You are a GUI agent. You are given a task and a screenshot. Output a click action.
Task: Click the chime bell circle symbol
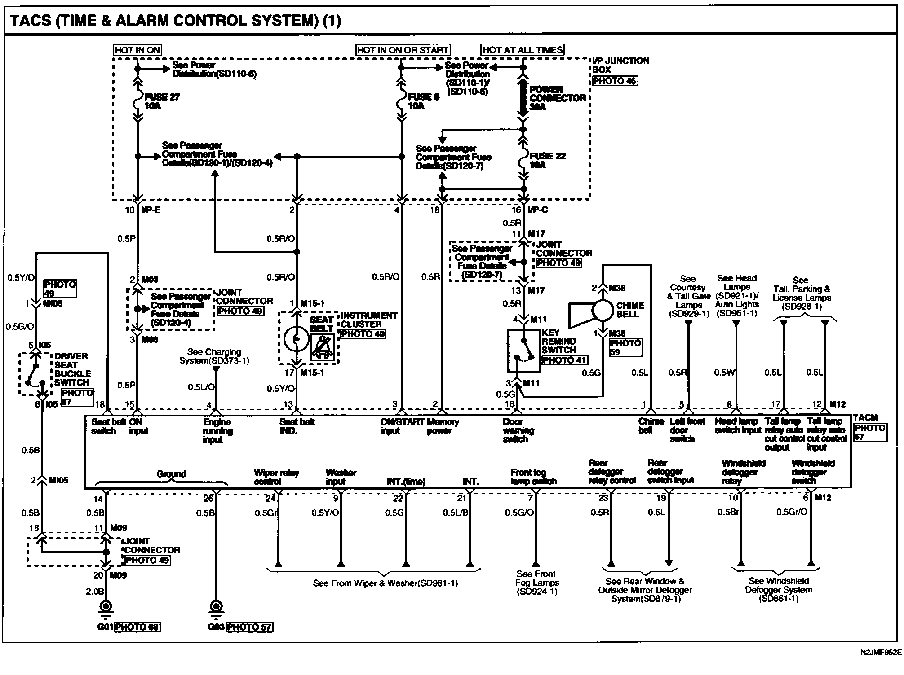coord(602,310)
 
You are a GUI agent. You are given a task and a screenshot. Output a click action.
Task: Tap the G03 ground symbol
coord(216,608)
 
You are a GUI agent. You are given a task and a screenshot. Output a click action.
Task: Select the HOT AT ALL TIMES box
coord(523,50)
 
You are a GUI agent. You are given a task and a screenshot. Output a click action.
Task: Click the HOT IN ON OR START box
coord(403,50)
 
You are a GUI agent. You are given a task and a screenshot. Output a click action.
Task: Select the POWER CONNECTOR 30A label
coord(557,98)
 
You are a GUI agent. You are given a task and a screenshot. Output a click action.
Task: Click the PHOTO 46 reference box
coord(615,81)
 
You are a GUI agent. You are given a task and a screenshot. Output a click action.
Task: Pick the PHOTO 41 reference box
coord(564,360)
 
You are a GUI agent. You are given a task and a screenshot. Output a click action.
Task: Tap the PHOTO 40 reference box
coord(363,333)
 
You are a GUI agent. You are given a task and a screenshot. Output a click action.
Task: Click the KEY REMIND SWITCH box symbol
coord(523,351)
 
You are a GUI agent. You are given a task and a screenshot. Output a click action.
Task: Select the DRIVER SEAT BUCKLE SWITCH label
coord(72,369)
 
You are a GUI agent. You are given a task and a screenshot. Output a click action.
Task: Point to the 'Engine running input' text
coord(217,431)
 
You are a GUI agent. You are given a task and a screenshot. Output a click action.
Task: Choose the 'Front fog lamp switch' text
coord(533,477)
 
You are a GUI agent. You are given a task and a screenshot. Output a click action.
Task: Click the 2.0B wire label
coord(95,592)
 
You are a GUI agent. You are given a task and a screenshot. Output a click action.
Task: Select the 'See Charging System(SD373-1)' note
coord(214,356)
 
